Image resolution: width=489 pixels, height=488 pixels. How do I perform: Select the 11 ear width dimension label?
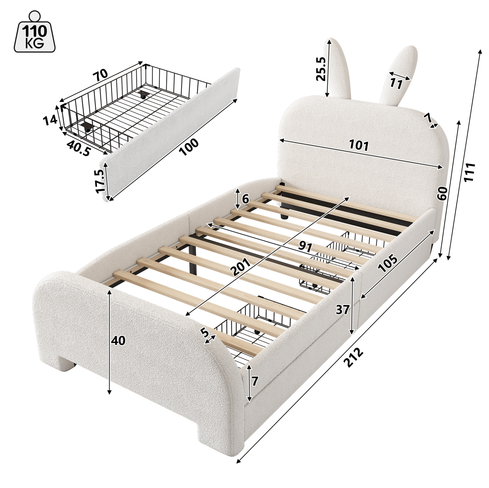click(396, 84)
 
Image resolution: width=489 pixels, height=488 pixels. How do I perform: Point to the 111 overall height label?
click(469, 172)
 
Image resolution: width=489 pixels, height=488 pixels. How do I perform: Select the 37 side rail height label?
click(342, 310)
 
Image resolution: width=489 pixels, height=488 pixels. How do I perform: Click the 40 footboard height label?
click(118, 341)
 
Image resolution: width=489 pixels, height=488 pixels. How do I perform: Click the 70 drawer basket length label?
click(100, 74)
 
